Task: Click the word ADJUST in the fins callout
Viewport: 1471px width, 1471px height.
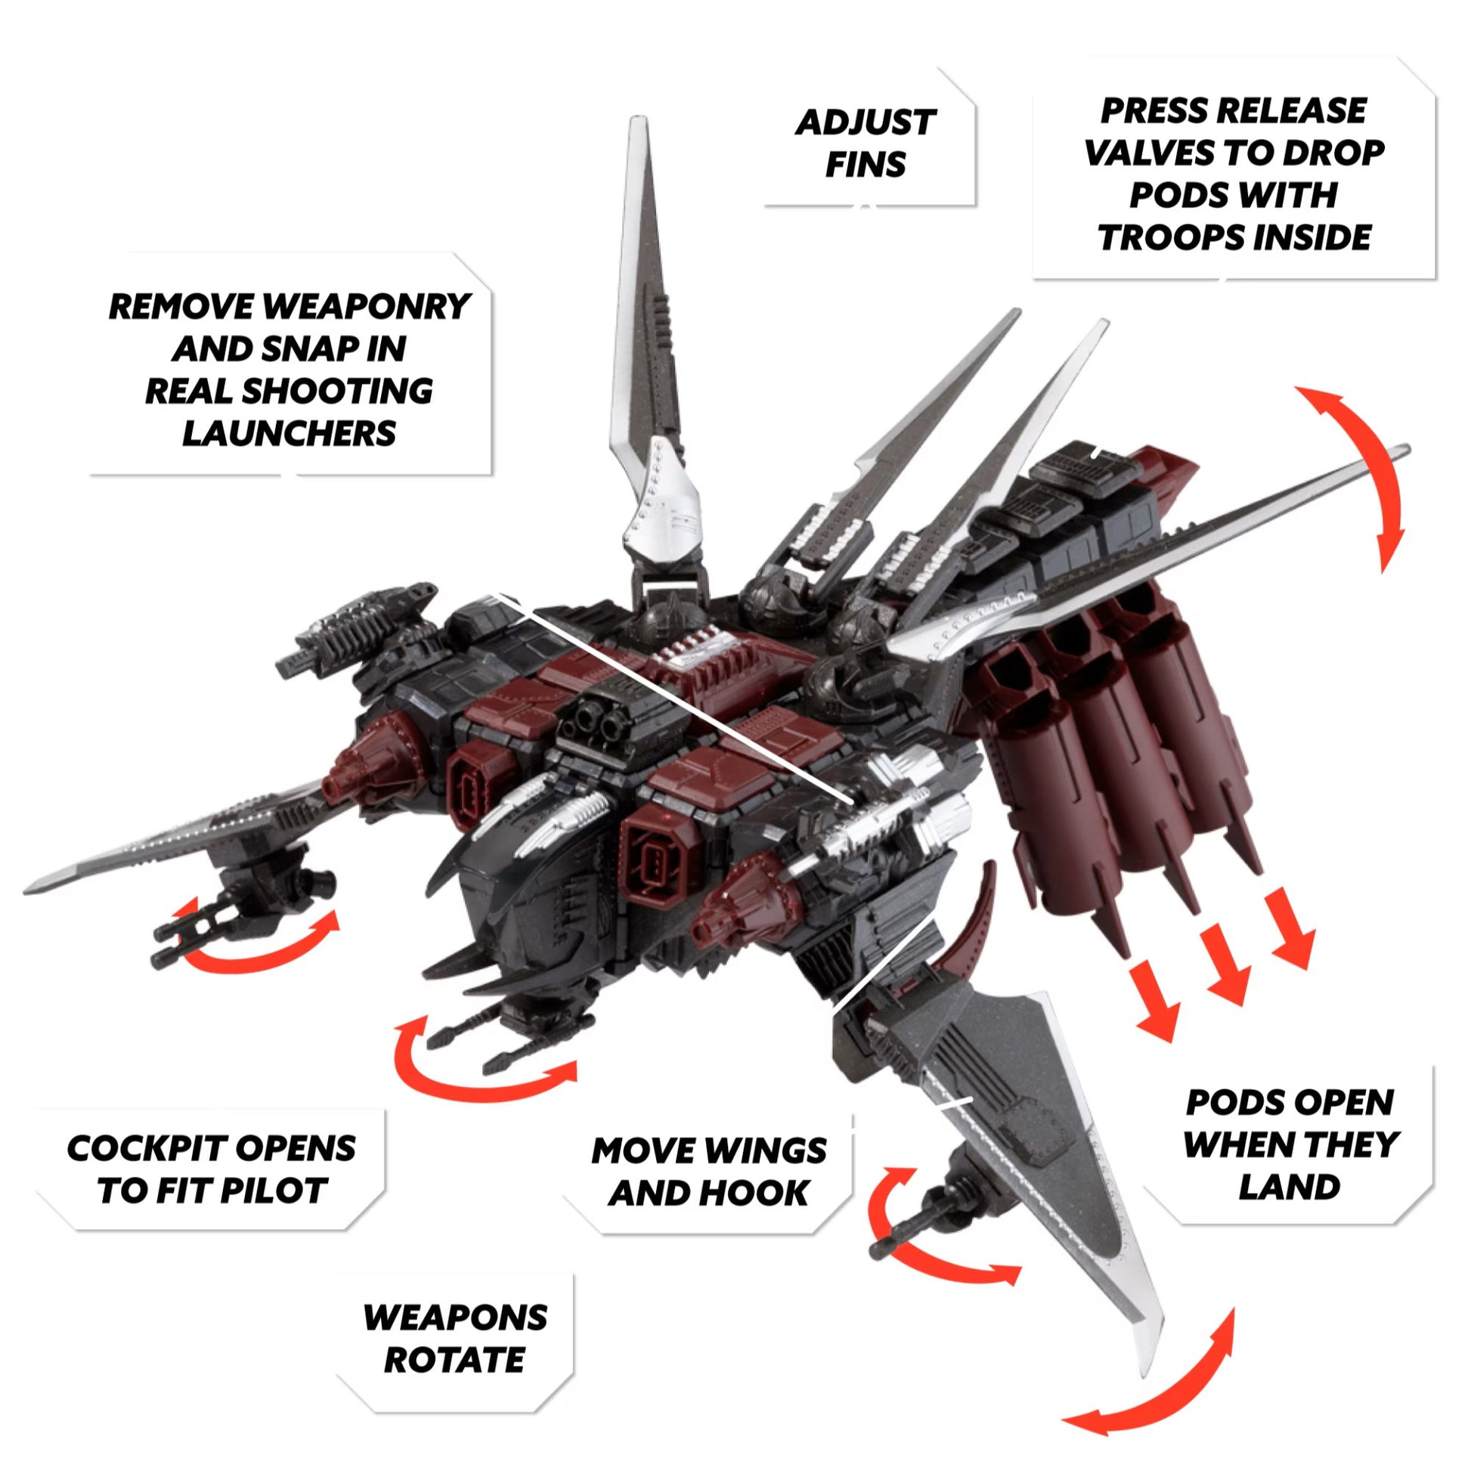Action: [x=866, y=122]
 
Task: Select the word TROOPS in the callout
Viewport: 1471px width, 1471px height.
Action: [x=1163, y=238]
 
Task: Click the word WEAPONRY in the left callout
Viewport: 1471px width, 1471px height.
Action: [x=365, y=307]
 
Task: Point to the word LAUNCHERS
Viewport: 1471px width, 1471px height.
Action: [x=290, y=434]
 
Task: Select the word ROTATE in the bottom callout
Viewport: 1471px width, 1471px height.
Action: [x=454, y=1360]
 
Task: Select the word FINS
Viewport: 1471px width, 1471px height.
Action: [x=866, y=166]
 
